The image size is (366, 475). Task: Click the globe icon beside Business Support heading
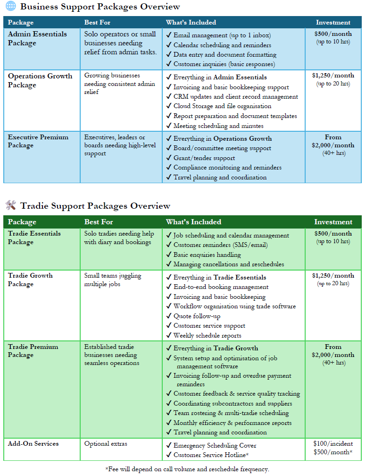pos(10,7)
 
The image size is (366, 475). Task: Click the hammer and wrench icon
pos(10,205)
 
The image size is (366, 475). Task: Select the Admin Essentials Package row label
pos(37,38)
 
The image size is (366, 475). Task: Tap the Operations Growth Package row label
pos(40,80)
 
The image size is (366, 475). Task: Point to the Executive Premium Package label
pos(38,141)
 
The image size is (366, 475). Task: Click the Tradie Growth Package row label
pos(30,280)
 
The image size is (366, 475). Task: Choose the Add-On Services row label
pos(33,443)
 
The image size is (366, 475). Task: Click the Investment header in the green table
pos(333,222)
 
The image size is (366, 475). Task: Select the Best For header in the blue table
pos(99,22)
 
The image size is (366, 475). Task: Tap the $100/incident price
pos(333,443)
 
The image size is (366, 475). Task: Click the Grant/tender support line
pos(204,158)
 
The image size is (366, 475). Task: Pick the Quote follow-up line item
pos(197,316)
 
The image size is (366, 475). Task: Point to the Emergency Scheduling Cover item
pos(215,445)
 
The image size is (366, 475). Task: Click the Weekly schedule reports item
pos(207,335)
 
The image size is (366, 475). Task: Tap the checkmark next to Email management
pos(169,35)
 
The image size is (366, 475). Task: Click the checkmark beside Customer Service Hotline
pos(169,455)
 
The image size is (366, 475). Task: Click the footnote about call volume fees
pos(187,469)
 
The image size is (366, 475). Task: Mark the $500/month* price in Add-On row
pos(333,453)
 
